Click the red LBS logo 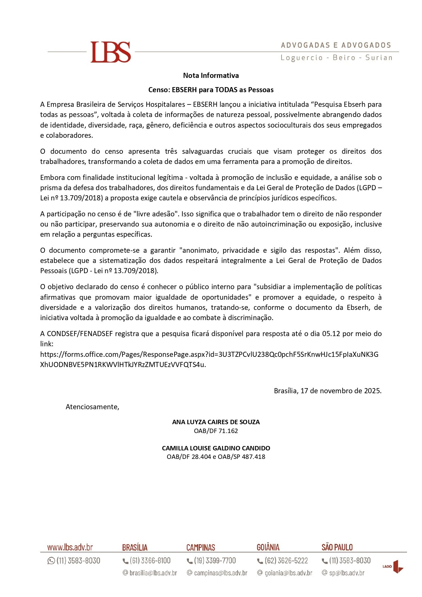pos(111,52)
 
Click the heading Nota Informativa pos(211,76)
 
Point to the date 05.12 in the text pos(331,334)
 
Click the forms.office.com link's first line pos(209,354)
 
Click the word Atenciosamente pos(92,407)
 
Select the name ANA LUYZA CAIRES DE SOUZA pos(216,422)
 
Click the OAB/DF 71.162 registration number pos(216,431)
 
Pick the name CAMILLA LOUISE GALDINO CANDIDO pos(216,448)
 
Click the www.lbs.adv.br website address pos(70,547)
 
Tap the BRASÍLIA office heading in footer pos(135,547)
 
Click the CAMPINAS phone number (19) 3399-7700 pos(215,561)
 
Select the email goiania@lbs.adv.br pos(288,573)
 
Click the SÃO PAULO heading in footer pos(337,547)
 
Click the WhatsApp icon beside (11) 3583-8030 pos(51,561)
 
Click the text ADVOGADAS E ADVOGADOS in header pos(336,45)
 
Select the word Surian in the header pos(379,58)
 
